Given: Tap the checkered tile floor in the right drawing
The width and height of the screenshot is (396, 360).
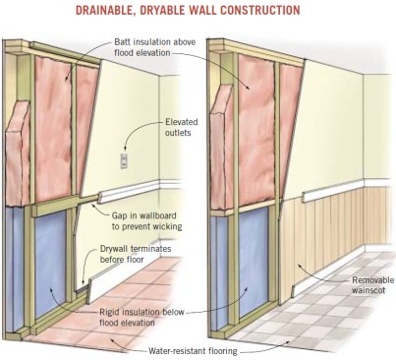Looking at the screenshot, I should [324, 315].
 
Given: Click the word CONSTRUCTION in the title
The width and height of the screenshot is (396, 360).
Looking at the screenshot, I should [259, 10].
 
